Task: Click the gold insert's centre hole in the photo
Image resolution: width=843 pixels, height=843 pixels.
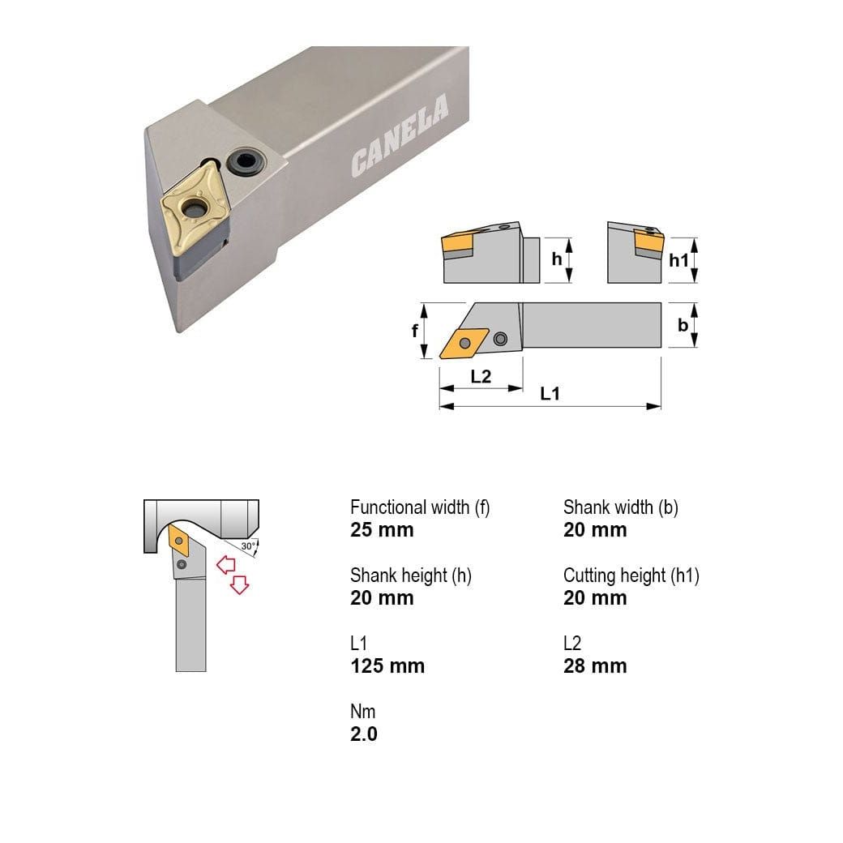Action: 195,211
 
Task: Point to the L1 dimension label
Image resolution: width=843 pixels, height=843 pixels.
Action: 550,393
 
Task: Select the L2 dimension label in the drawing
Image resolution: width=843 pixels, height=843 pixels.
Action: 481,376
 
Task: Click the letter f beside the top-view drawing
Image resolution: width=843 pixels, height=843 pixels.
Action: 416,331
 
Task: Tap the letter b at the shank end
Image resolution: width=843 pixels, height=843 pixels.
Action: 683,326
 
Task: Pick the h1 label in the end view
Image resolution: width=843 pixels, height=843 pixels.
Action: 679,259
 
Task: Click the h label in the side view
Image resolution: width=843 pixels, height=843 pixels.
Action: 556,259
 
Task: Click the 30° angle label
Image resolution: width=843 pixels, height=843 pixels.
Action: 248,546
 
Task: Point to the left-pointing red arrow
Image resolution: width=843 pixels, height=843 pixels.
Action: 225,564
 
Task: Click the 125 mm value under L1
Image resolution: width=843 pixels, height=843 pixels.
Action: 387,666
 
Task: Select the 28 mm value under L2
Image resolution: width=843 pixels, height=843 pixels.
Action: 595,666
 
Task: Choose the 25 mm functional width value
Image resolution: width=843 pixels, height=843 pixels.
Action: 382,530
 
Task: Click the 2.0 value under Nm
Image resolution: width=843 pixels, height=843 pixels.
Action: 364,734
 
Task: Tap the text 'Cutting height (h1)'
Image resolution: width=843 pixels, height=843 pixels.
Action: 631,576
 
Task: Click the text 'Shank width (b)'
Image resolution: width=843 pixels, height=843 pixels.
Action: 621,507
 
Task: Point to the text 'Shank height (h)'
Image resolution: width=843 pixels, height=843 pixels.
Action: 411,576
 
